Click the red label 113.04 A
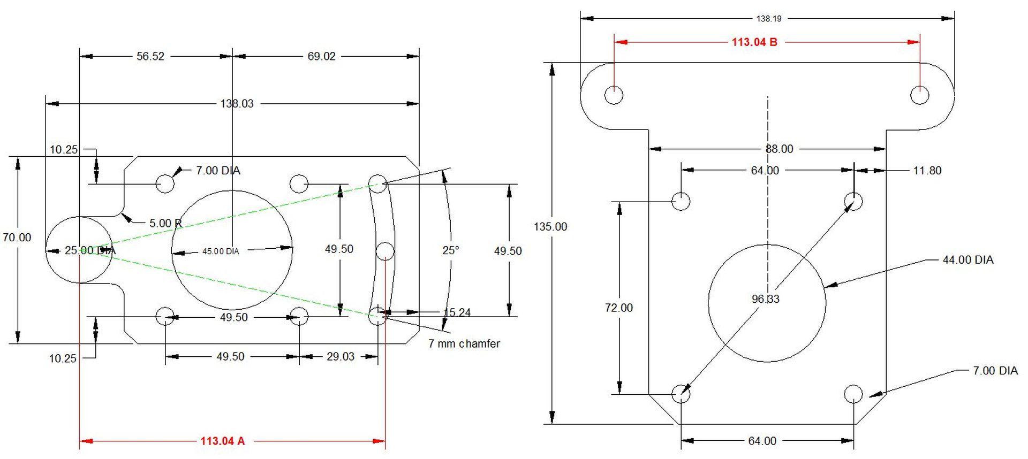coord(222,441)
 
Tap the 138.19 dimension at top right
coord(768,19)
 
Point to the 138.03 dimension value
coord(237,103)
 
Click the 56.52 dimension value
coord(150,56)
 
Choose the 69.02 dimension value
coord(321,56)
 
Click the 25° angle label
coord(450,250)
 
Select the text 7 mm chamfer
coord(464,343)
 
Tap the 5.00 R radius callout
coord(165,223)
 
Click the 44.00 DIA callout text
coord(967,260)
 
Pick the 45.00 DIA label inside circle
coord(221,251)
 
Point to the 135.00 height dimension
coord(550,226)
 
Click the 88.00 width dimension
coord(779,149)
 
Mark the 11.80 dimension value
coord(927,171)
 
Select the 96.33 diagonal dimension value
coord(766,299)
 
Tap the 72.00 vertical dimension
coord(619,308)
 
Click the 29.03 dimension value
coord(340,356)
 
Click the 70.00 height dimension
coord(17,238)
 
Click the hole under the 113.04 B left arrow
coord(614,95)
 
